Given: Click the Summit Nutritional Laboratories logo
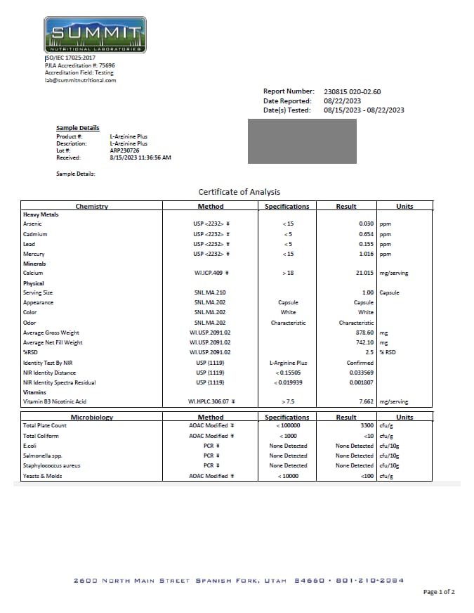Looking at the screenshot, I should [x=95, y=34].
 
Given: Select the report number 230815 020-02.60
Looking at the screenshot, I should [x=353, y=91].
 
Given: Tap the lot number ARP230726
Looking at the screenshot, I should [x=125, y=150].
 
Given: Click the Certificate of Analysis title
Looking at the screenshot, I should [x=239, y=192].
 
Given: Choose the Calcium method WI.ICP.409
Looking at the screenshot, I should [x=209, y=273].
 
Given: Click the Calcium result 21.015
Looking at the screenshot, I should [x=363, y=273].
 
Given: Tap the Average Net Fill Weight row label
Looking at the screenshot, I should [x=53, y=342].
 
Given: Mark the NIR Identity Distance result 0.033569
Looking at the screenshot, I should [x=361, y=373].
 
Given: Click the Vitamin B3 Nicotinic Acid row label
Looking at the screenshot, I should [x=55, y=402].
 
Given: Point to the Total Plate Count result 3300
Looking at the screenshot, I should [x=367, y=426].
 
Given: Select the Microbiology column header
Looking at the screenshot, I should [x=93, y=417].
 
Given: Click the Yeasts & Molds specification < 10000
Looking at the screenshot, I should [x=287, y=477].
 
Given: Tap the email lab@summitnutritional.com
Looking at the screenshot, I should [x=81, y=80].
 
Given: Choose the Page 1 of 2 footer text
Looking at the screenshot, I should [x=439, y=592].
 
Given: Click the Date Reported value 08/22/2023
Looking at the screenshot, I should [x=342, y=101].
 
